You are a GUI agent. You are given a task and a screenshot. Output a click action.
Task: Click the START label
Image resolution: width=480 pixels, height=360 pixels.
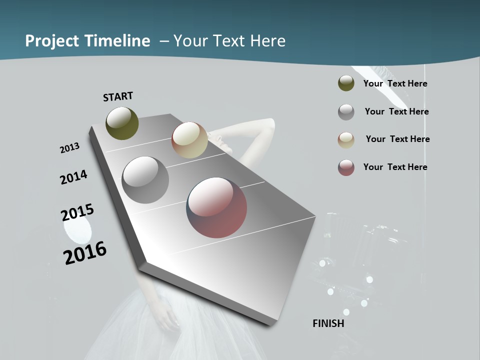tap(118, 96)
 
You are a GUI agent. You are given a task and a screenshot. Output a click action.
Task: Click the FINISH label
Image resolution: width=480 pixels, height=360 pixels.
tap(328, 323)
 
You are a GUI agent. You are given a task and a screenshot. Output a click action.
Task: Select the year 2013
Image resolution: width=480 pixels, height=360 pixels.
tap(69, 148)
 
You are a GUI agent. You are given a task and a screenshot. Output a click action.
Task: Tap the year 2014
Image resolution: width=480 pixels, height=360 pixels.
tap(73, 177)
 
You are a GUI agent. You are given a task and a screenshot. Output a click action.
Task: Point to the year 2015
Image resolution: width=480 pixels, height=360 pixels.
tap(77, 212)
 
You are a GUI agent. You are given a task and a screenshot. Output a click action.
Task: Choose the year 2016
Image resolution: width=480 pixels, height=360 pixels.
tap(85, 253)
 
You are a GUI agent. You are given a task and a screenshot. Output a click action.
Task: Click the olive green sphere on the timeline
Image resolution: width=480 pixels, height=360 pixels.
tap(122, 123)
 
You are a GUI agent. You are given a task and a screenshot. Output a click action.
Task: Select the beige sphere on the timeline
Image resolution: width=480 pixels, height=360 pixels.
tap(189, 140)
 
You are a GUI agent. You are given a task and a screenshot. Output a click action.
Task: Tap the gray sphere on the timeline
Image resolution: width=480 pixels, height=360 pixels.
tap(145, 180)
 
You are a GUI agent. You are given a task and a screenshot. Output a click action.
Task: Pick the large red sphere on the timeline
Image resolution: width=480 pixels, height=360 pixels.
tap(216, 207)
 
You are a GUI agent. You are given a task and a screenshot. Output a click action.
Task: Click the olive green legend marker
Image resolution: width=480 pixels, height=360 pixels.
tap(346, 83)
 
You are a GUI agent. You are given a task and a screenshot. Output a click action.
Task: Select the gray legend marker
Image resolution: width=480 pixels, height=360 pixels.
tap(346, 112)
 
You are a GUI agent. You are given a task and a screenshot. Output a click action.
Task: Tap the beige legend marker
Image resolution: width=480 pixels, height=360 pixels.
tap(346, 140)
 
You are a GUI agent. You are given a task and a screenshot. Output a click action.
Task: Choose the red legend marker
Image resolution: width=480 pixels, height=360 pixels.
tap(346, 167)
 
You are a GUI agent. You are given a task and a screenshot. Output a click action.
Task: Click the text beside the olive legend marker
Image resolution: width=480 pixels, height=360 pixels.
tap(395, 83)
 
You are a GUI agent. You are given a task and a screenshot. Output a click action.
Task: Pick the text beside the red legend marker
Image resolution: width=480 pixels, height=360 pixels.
tap(395, 167)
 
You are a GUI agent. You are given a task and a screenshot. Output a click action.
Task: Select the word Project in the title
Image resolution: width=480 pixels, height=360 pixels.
tap(51, 41)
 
